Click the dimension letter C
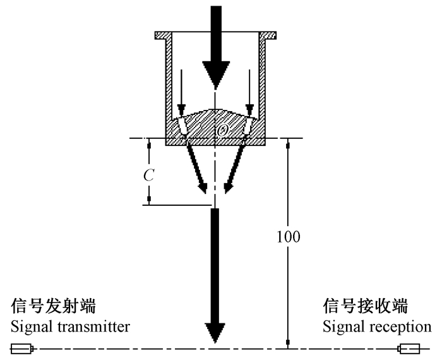click(x=147, y=175)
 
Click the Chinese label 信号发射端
click(x=54, y=308)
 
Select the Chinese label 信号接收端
click(x=366, y=308)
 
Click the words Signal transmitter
click(x=70, y=327)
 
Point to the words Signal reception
click(x=378, y=327)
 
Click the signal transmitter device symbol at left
click(x=23, y=348)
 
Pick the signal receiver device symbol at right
click(x=409, y=348)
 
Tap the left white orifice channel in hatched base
click(x=183, y=127)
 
